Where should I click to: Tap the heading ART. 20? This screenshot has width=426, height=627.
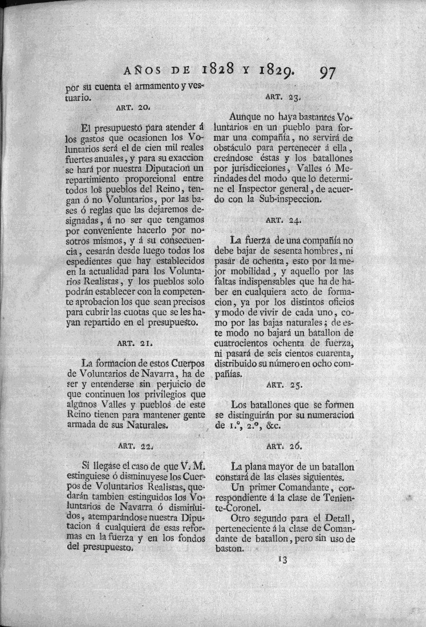pyautogui.click(x=132, y=107)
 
